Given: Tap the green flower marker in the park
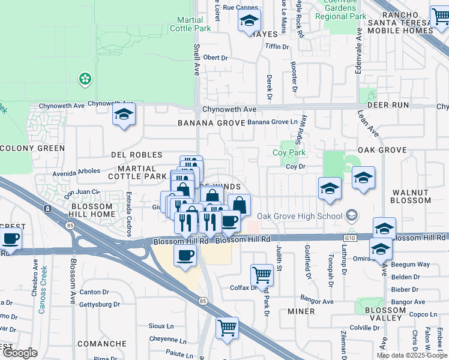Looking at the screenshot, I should point(85,79).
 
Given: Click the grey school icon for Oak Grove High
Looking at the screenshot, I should point(352,215).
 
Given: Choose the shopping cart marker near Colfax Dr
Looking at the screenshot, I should point(262,275).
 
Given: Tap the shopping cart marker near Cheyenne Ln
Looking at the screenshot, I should point(227,328).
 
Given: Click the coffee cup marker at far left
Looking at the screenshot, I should point(11,239).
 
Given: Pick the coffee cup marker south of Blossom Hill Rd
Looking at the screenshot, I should point(185,255).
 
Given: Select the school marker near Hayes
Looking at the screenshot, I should point(249,21).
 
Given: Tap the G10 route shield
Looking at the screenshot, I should point(360,238).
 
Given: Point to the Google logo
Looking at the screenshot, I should point(20,353).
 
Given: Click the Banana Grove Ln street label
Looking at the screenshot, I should point(273,122).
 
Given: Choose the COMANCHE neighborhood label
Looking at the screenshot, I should point(106,344).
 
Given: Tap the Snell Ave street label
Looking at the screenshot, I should point(196,59).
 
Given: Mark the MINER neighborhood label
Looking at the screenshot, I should point(301,311).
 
